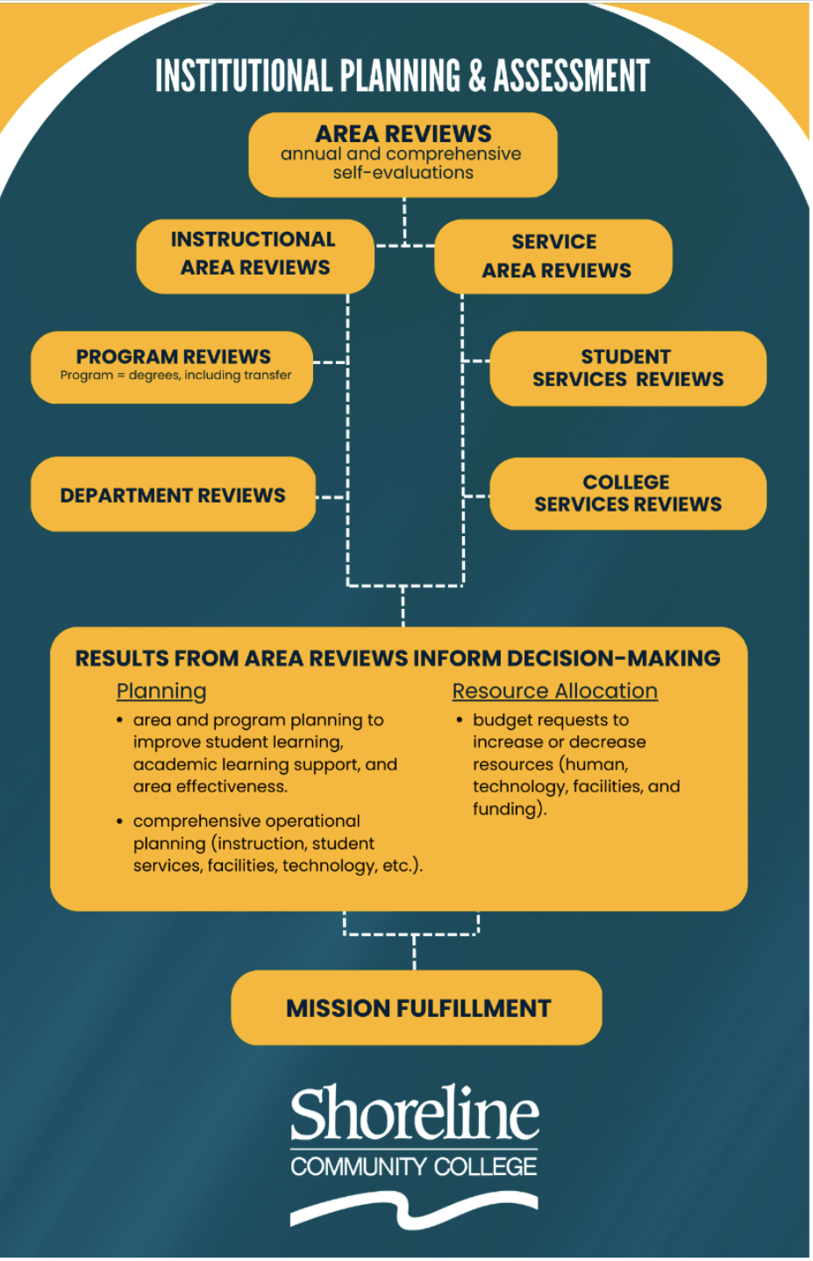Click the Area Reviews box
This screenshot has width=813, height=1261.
coord(403,154)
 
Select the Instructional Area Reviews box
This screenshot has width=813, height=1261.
coord(254,254)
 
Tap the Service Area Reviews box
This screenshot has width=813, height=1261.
coord(553,256)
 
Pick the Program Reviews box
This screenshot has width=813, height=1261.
coord(172,366)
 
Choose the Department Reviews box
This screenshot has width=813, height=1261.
coord(173,494)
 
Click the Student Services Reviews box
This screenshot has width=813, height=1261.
coord(627,369)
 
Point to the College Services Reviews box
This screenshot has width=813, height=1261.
coord(627,493)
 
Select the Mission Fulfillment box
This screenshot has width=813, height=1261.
coord(417,1007)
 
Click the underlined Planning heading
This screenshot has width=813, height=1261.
coord(161,691)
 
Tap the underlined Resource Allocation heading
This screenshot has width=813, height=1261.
coord(554,691)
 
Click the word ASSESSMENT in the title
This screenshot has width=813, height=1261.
coord(571,76)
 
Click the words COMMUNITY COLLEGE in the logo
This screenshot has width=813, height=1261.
coord(414,1166)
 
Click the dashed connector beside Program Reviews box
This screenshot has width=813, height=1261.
coord(330,362)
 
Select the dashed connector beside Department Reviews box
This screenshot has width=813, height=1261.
coord(331,497)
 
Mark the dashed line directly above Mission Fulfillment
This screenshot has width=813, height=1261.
coord(414,953)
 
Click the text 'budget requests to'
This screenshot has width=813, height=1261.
coord(551,720)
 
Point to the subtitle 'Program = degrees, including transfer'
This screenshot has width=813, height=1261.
coord(175,376)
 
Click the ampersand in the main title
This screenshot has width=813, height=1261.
coord(477,76)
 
